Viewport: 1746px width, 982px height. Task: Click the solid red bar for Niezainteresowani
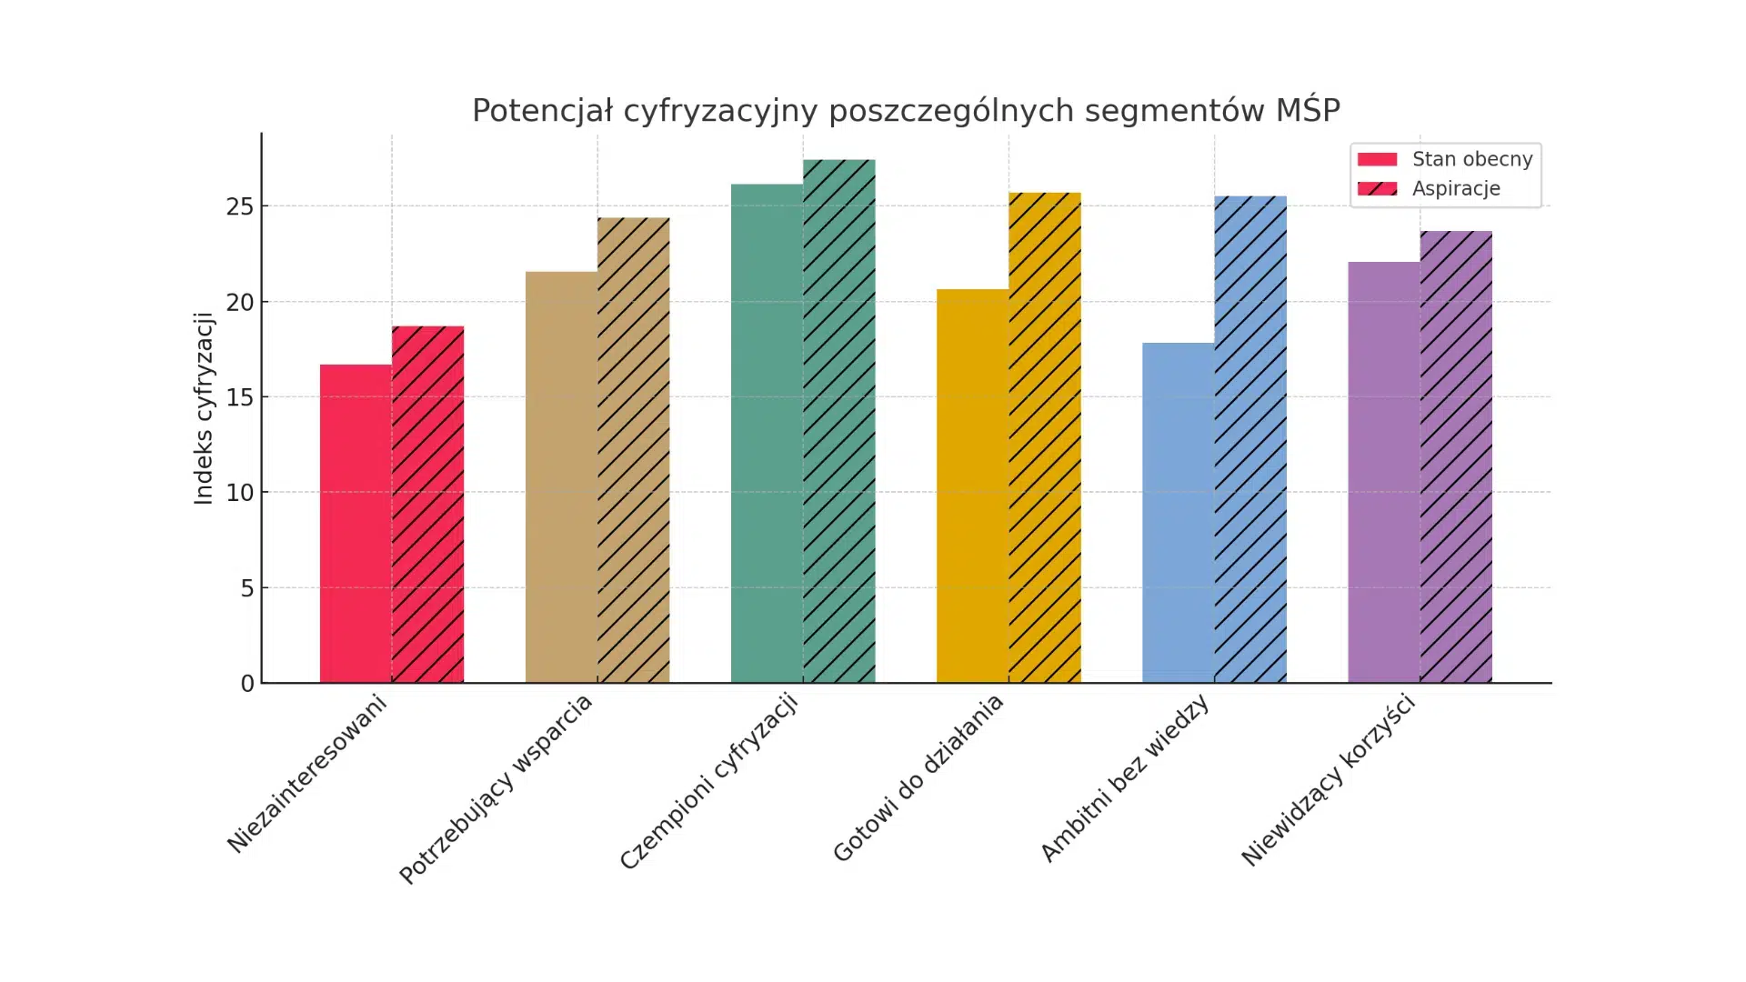point(356,524)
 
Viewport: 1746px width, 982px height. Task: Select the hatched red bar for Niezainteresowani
point(427,505)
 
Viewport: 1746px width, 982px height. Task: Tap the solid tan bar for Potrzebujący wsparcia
point(561,477)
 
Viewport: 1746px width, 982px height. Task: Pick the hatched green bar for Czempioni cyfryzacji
point(838,421)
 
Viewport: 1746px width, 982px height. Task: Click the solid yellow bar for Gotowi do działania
point(972,486)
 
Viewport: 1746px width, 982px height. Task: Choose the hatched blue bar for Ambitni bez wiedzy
point(1249,439)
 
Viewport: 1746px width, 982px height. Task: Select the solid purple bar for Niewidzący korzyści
point(1383,472)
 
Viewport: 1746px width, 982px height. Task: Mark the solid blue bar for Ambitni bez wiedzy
point(1178,513)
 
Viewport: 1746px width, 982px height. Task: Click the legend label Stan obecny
point(1471,159)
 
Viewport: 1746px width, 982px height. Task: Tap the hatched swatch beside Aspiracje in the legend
point(1377,189)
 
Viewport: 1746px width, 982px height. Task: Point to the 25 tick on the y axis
point(240,207)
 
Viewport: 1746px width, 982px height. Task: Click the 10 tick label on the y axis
point(240,493)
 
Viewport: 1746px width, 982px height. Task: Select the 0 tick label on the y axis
point(247,684)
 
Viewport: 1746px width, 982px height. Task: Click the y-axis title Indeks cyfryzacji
point(204,408)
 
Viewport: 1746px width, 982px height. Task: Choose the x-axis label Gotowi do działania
point(918,777)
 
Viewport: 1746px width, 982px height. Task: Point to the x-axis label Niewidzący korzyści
point(1329,779)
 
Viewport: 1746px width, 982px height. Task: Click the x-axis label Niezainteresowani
point(307,773)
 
